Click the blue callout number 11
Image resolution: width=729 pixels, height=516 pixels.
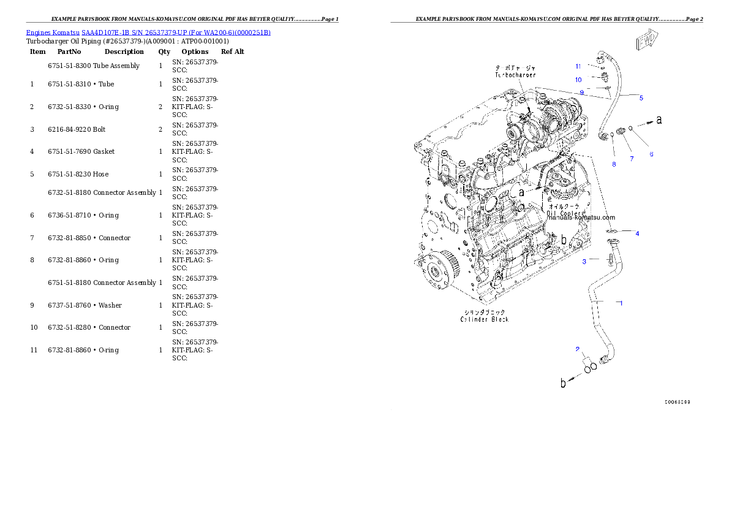click(578, 66)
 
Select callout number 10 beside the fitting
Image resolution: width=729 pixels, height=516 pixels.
click(578, 80)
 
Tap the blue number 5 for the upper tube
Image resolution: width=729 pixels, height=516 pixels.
click(641, 98)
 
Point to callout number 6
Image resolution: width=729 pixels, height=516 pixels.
click(651, 154)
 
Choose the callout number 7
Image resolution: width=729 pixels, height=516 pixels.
click(632, 159)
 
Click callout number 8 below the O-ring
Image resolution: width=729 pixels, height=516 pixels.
click(614, 164)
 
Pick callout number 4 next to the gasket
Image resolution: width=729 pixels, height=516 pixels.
click(637, 233)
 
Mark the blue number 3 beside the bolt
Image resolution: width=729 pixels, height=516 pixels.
click(584, 262)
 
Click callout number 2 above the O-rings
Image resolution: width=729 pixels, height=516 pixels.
click(577, 349)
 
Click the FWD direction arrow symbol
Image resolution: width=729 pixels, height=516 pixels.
click(647, 42)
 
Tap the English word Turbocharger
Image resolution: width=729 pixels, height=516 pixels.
click(515, 75)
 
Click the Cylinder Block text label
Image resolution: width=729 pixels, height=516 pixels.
click(484, 319)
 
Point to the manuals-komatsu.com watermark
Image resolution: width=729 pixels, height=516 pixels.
click(581, 217)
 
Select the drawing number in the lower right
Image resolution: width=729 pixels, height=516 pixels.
click(678, 403)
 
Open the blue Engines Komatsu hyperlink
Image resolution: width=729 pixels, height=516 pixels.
click(148, 32)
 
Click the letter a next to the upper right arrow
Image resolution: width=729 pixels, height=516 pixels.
click(659, 120)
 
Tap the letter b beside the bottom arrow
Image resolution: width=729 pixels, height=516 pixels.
click(564, 384)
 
